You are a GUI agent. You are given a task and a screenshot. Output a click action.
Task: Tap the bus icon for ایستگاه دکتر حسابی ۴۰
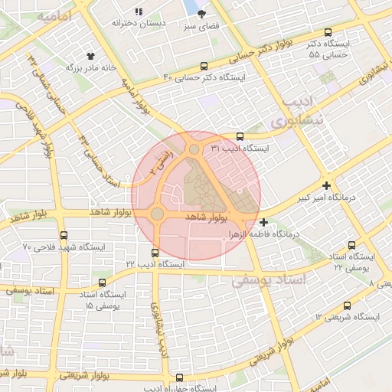(204, 66)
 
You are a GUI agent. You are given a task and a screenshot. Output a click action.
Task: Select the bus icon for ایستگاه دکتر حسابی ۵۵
(328, 33)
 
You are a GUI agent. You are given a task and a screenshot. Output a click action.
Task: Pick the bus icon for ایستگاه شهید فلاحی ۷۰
(63, 236)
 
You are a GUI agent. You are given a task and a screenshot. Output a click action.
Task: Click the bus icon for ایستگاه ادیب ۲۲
(155, 252)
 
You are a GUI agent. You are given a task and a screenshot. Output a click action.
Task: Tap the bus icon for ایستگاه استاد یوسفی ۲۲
(351, 246)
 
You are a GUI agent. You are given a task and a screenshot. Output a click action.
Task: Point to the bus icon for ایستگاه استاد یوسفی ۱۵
(82, 283)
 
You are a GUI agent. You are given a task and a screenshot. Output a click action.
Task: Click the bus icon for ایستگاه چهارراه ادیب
(179, 377)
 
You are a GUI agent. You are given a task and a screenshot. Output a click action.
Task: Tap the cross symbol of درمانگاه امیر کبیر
(327, 185)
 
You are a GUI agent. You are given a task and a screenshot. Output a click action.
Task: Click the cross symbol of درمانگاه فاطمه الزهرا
(264, 222)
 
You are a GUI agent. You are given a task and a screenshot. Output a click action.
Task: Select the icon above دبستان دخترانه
(138, 11)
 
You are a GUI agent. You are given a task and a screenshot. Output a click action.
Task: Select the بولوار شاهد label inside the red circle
(207, 217)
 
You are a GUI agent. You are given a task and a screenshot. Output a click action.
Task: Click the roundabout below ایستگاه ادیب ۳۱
(194, 149)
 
